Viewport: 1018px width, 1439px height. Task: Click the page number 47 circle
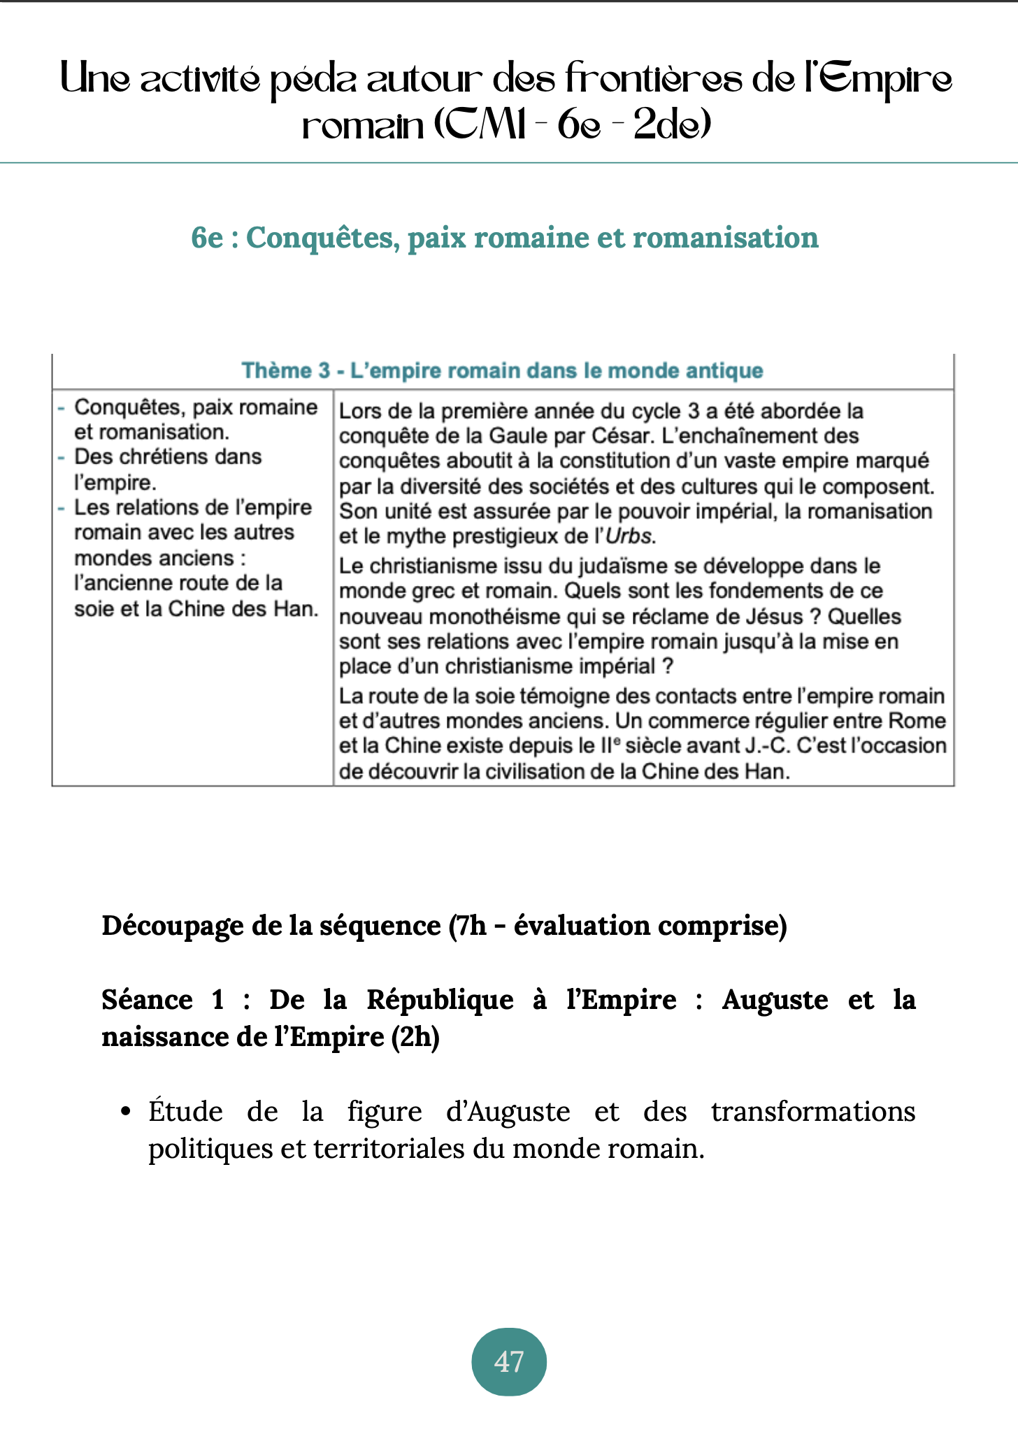tap(509, 1361)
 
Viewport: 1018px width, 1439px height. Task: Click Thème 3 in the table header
tap(285, 371)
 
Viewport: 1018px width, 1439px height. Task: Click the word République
tap(440, 1000)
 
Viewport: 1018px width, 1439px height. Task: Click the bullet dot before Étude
tap(126, 1112)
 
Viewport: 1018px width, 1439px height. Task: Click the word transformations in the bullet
tap(812, 1112)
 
